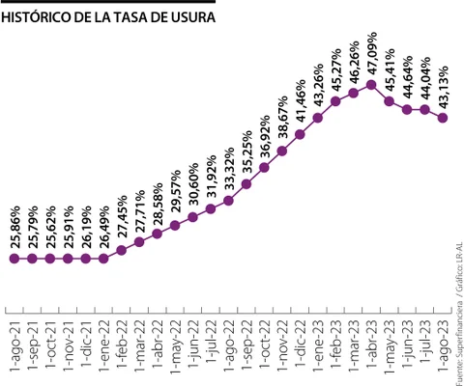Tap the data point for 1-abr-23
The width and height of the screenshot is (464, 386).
[x=371, y=85]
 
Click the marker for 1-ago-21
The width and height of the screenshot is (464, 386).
[x=14, y=259]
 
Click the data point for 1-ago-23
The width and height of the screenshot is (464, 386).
[x=443, y=118]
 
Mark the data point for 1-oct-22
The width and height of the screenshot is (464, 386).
[x=264, y=168]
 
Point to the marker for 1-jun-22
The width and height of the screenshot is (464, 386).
[x=192, y=217]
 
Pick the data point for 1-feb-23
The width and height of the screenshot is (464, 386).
[x=335, y=100]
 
